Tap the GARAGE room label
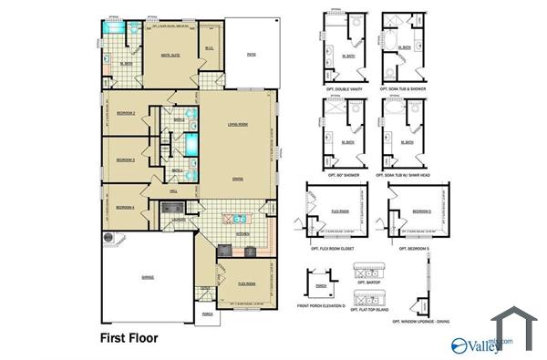pyautogui.click(x=147, y=275)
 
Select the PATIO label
pyautogui.click(x=251, y=55)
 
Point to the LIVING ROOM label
pyautogui.click(x=238, y=124)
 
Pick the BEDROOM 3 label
pyautogui.click(x=126, y=159)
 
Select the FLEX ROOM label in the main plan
pyautogui.click(x=246, y=283)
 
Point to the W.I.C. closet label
pyautogui.click(x=209, y=49)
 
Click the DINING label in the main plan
pyautogui.click(x=237, y=178)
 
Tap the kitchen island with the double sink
pyautogui.click(x=238, y=219)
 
